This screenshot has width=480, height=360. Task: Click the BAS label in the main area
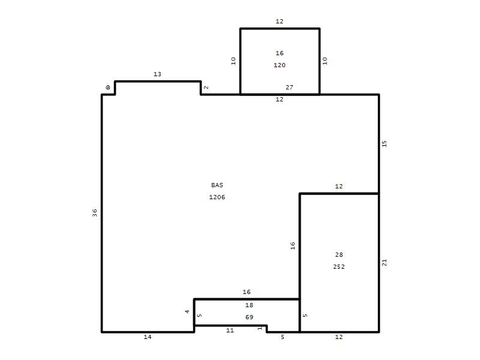pyautogui.click(x=217, y=185)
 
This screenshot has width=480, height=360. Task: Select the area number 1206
pyautogui.click(x=217, y=197)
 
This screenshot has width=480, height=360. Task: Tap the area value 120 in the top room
pyautogui.click(x=280, y=65)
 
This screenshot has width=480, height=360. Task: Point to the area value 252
pyautogui.click(x=339, y=266)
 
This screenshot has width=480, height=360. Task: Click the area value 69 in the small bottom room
pyautogui.click(x=249, y=317)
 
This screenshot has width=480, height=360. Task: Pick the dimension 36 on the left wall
pyautogui.click(x=95, y=213)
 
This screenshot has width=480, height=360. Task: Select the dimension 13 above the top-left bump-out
pyautogui.click(x=157, y=74)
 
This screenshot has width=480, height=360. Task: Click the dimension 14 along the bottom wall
pyautogui.click(x=148, y=337)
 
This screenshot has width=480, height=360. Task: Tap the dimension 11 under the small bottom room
pyautogui.click(x=230, y=331)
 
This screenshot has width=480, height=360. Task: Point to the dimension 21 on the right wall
pyautogui.click(x=385, y=262)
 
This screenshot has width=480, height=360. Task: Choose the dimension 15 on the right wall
pyautogui.click(x=385, y=143)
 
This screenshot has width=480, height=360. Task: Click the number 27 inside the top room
pyautogui.click(x=289, y=87)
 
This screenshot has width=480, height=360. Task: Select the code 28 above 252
pyautogui.click(x=339, y=254)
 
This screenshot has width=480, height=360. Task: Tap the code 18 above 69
pyautogui.click(x=249, y=305)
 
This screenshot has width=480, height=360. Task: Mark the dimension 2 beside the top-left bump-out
pyautogui.click(x=206, y=88)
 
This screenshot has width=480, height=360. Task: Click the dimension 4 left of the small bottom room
pyautogui.click(x=187, y=311)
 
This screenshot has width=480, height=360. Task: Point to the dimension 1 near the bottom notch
pyautogui.click(x=260, y=328)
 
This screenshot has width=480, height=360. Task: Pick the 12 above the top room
pyautogui.click(x=280, y=22)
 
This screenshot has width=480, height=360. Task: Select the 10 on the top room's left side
pyautogui.click(x=233, y=61)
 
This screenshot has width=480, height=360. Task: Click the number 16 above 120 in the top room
pyautogui.click(x=280, y=53)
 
